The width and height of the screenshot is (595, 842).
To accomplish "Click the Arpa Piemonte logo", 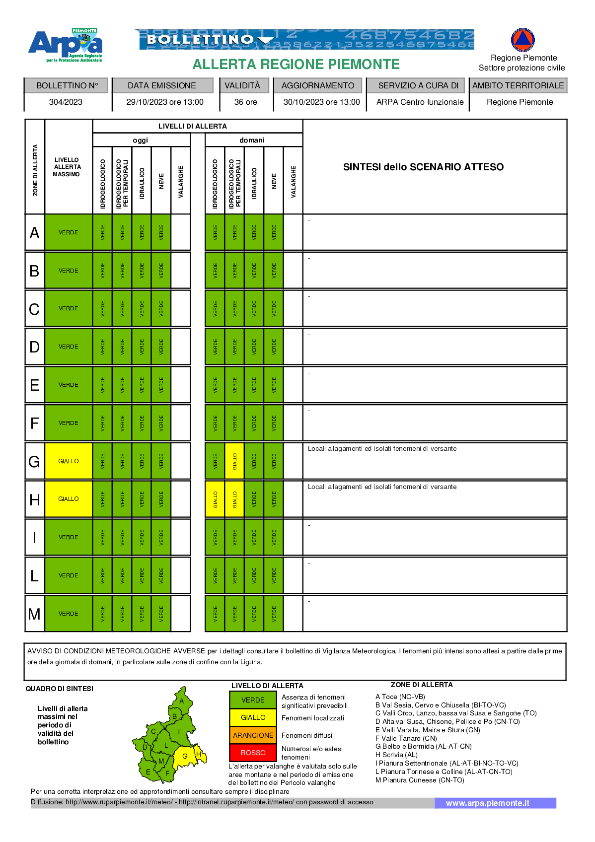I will click(66, 45).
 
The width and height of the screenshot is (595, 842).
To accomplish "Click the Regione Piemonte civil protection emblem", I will click(522, 40).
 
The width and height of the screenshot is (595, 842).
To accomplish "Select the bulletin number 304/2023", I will click(66, 102).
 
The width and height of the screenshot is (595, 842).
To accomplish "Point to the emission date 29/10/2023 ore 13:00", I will click(165, 102).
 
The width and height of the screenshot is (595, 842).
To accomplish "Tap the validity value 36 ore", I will click(245, 102).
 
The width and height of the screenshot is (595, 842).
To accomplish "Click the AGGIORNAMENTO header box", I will click(318, 85).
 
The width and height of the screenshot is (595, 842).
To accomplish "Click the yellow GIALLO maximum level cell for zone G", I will click(69, 461).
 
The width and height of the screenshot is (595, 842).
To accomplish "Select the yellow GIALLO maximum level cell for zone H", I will click(69, 499).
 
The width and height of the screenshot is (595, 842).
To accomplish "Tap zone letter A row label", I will click(34, 232).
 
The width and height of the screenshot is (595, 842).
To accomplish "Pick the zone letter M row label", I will click(34, 614).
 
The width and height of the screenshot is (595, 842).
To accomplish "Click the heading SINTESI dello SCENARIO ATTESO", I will click(423, 167).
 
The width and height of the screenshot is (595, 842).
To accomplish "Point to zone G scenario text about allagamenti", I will click(382, 448).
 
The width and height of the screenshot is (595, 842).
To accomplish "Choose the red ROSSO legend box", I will click(253, 753).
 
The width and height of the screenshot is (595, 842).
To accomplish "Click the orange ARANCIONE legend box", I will click(253, 735).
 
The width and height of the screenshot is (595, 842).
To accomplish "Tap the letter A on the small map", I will click(182, 701).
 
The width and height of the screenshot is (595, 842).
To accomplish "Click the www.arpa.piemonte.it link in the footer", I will click(487, 803).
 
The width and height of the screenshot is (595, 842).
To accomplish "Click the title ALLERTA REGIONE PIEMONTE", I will click(296, 65).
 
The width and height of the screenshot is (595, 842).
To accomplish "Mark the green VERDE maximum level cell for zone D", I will click(69, 347).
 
